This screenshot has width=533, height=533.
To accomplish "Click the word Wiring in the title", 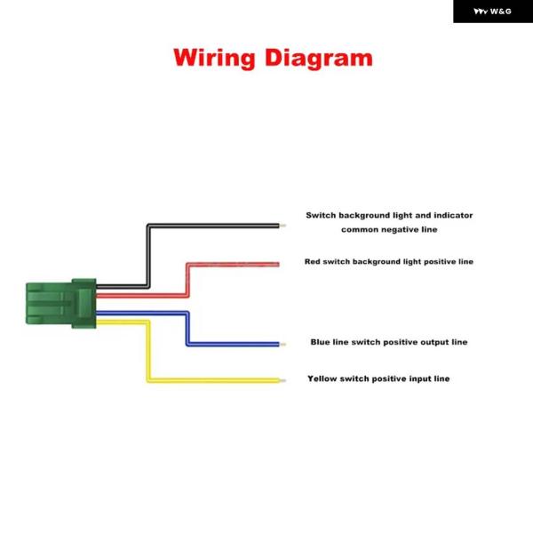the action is click(x=214, y=59).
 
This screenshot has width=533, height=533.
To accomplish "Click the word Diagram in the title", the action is click(x=319, y=59).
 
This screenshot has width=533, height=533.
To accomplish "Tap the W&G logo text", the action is click(x=501, y=12).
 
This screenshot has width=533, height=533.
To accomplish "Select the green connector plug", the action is click(x=61, y=303).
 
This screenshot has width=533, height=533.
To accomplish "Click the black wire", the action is click(x=148, y=255).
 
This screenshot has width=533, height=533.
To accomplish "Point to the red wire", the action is click(x=187, y=279).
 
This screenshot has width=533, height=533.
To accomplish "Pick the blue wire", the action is click(x=187, y=329).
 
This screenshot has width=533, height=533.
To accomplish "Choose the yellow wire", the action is click(x=148, y=350).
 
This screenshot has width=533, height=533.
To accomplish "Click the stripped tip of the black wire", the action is click(x=282, y=226).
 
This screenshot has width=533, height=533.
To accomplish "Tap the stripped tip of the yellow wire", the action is click(x=282, y=381).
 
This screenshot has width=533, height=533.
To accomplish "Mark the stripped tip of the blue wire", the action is click(x=282, y=345).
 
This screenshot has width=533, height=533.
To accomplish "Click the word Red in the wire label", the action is click(x=312, y=261).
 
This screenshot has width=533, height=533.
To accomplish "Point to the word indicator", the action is click(x=453, y=215).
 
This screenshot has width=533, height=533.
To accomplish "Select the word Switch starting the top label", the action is click(x=321, y=215).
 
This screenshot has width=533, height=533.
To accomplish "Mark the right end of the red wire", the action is click(x=279, y=265).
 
